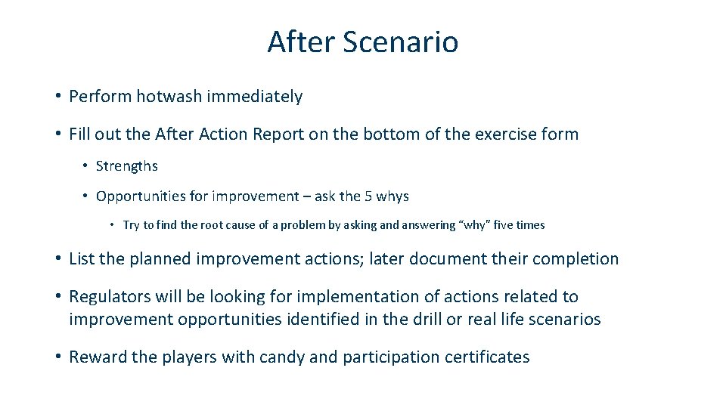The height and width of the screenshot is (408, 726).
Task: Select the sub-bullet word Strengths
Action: coord(127,166)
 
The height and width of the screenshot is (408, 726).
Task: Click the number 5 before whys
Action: coord(368,196)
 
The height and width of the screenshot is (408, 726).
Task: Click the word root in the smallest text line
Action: coord(207,225)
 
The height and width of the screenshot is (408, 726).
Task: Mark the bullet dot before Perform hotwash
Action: coord(57,97)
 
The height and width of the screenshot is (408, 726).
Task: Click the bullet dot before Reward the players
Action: coord(57,357)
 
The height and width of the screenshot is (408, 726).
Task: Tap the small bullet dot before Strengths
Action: coord(87,166)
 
